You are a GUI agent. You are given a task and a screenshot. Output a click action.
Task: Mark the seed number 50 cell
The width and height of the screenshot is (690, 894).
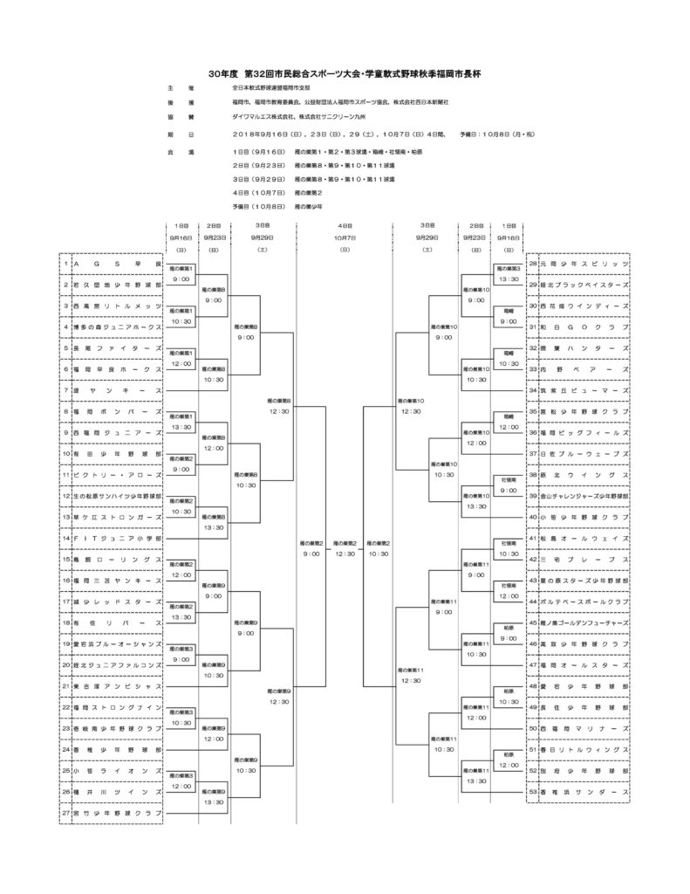click(532, 728)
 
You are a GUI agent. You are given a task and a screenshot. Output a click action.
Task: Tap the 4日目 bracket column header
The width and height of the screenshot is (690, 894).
click(345, 225)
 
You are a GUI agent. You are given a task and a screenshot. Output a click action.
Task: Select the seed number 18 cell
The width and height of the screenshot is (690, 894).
click(65, 623)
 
